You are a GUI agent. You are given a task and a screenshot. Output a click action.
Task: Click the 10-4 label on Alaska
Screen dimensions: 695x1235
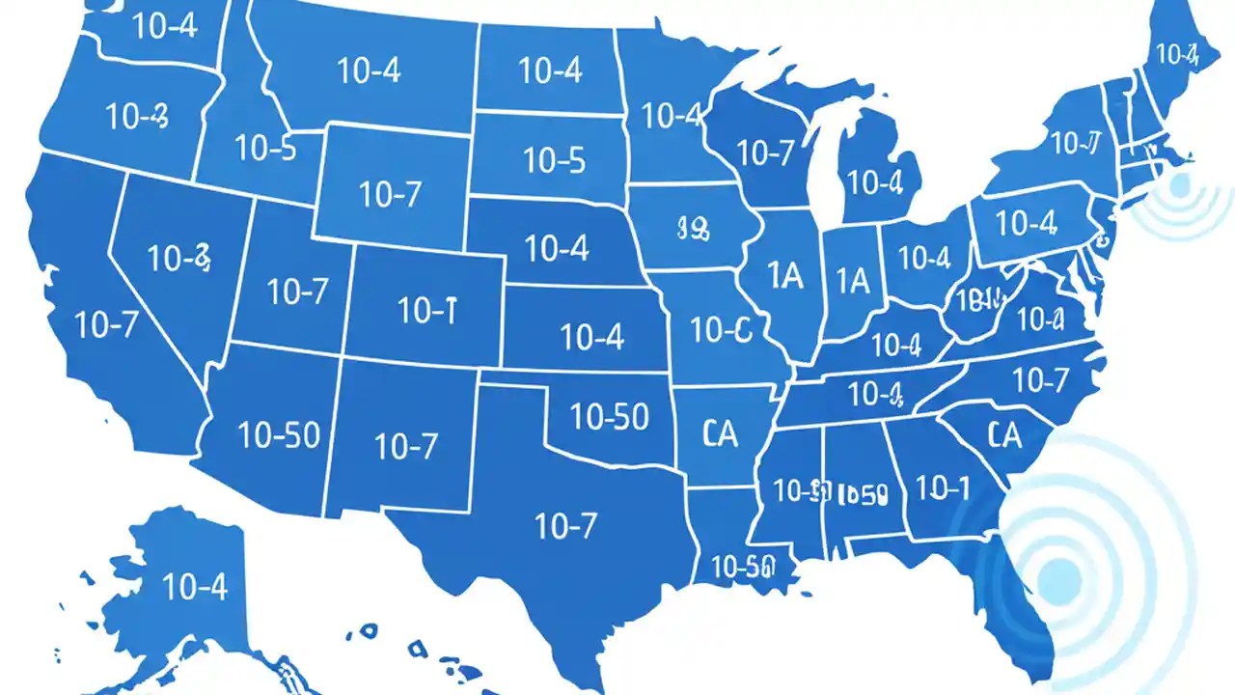[x=195, y=586]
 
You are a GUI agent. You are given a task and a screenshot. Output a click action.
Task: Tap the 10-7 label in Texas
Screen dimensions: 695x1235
[x=565, y=526]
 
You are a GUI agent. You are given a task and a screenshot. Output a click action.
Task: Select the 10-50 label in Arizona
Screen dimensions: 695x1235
[x=279, y=436]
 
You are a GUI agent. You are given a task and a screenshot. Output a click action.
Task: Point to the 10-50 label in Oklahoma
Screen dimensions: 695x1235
[x=609, y=416]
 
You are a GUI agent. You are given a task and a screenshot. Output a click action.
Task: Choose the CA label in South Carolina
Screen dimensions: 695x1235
[x=1004, y=436]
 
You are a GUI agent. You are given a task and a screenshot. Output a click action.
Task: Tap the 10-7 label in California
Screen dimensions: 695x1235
[x=106, y=325]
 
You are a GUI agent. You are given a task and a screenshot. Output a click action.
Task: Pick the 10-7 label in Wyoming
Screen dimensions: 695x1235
[x=391, y=195]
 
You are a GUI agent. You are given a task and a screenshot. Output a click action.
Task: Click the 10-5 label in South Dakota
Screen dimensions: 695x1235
[x=553, y=160]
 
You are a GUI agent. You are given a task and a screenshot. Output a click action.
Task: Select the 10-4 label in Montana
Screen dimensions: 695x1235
[x=370, y=69]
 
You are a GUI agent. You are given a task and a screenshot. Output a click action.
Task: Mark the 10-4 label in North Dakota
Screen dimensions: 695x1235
[x=550, y=70]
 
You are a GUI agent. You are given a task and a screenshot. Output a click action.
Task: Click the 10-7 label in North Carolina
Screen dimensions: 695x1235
[x=1041, y=380]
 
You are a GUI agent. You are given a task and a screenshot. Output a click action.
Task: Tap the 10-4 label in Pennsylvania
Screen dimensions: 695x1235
[x=1027, y=223]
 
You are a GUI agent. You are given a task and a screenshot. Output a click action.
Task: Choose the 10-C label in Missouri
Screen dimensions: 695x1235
[x=720, y=331]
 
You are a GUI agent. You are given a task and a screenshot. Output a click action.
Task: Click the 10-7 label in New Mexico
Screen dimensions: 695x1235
[x=406, y=446]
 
